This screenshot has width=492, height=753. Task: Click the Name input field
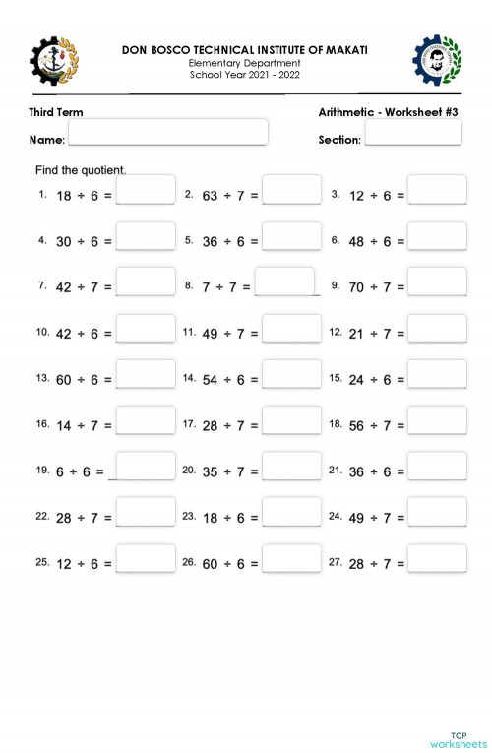pyautogui.click(x=167, y=132)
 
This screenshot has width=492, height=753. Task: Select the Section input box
pyautogui.click(x=412, y=133)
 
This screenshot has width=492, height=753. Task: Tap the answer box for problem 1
pyautogui.click(x=146, y=190)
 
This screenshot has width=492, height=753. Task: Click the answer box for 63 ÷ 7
pyautogui.click(x=291, y=190)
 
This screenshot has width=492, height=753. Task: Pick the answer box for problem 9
pyautogui.click(x=437, y=282)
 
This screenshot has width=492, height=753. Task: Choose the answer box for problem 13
pyautogui.click(x=146, y=374)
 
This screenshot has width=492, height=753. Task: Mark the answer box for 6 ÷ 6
pyautogui.click(x=146, y=466)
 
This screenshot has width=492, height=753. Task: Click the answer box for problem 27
pyautogui.click(x=437, y=558)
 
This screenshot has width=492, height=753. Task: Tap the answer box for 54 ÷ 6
pyautogui.click(x=291, y=374)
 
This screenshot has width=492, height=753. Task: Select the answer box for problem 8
pyautogui.click(x=284, y=282)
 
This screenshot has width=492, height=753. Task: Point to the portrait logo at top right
pyautogui.click(x=436, y=60)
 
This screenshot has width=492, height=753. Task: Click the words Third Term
pyautogui.click(x=56, y=112)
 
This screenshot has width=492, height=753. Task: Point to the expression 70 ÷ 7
pyautogui.click(x=377, y=287)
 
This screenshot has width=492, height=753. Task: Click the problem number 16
pyautogui.click(x=42, y=423)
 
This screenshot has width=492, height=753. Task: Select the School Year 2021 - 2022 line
pyautogui.click(x=245, y=75)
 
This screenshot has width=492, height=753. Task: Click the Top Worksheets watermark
pyautogui.click(x=458, y=740)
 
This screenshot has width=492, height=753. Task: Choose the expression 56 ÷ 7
pyautogui.click(x=377, y=425)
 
